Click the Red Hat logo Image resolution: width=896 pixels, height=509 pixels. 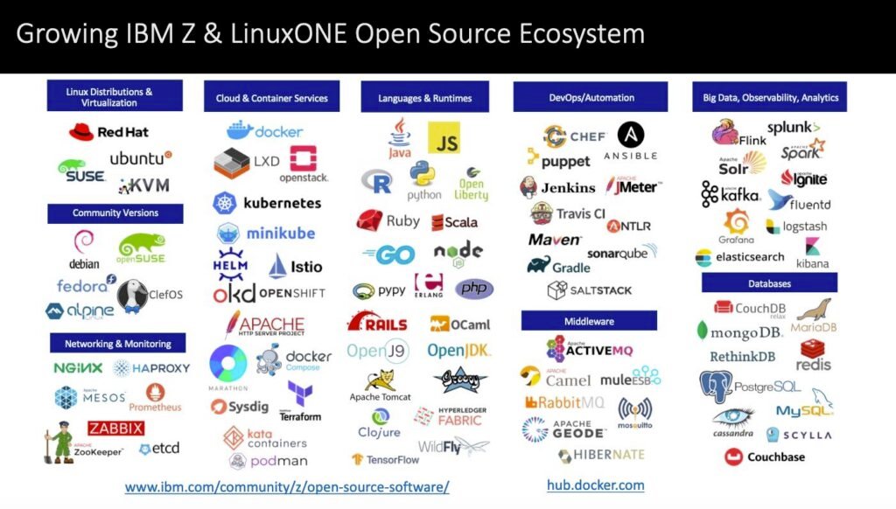tap(108, 132)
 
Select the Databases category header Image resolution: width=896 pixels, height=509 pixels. tap(769, 283)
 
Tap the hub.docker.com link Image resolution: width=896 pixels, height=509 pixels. tap(595, 485)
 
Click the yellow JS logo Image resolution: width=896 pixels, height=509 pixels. tap(444, 139)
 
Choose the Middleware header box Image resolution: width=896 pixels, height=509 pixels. tap(588, 321)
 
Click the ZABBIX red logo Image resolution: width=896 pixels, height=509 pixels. tap(115, 428)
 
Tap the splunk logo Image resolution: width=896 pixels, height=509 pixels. tap(793, 128)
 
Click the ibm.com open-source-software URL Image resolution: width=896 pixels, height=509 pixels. tap(287, 486)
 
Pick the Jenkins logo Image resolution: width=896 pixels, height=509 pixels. tap(557, 187)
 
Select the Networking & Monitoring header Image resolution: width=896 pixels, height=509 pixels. tap(117, 344)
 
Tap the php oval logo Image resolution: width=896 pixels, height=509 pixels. tap(473, 289)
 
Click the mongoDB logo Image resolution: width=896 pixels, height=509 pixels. tap(739, 332)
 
